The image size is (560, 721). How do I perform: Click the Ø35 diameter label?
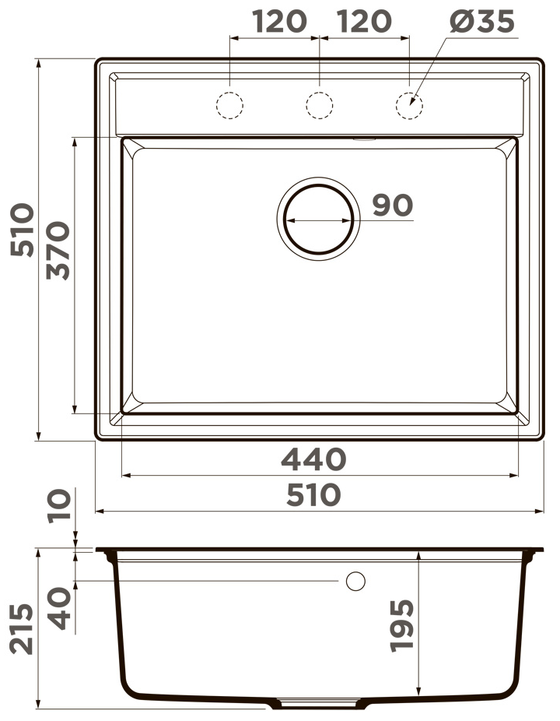point(482,21)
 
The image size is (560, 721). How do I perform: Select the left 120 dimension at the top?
point(279,22)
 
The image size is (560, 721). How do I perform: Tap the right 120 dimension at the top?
point(364,22)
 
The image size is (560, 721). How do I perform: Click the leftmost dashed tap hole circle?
point(229,105)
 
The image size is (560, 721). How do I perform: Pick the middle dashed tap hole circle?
point(320,105)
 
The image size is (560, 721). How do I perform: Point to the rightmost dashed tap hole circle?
point(409,105)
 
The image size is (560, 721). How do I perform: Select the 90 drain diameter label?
point(392,205)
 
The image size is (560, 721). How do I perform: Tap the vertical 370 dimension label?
point(58,251)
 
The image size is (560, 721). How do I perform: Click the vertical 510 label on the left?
point(22,230)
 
